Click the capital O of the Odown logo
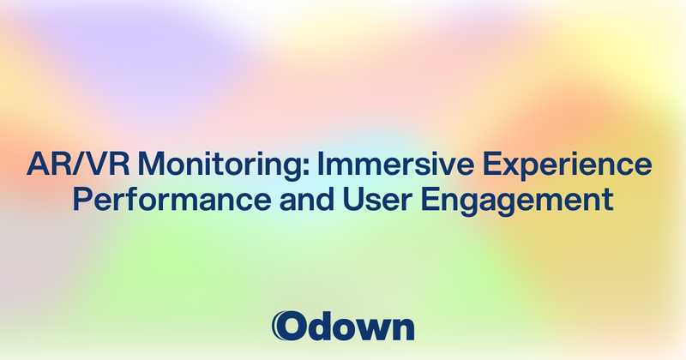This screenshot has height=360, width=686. tap(290, 326)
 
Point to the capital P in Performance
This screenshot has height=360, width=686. tap(81, 199)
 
